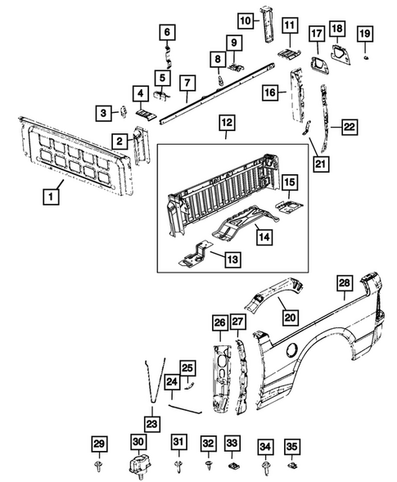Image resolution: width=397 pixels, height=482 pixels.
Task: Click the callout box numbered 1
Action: (x=51, y=196)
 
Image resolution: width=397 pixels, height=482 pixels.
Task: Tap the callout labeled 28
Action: (x=345, y=283)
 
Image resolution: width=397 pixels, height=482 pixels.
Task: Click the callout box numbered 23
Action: (x=151, y=422)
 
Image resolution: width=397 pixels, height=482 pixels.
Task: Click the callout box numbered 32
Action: (x=209, y=443)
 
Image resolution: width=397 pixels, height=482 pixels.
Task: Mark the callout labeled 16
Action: (x=269, y=94)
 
